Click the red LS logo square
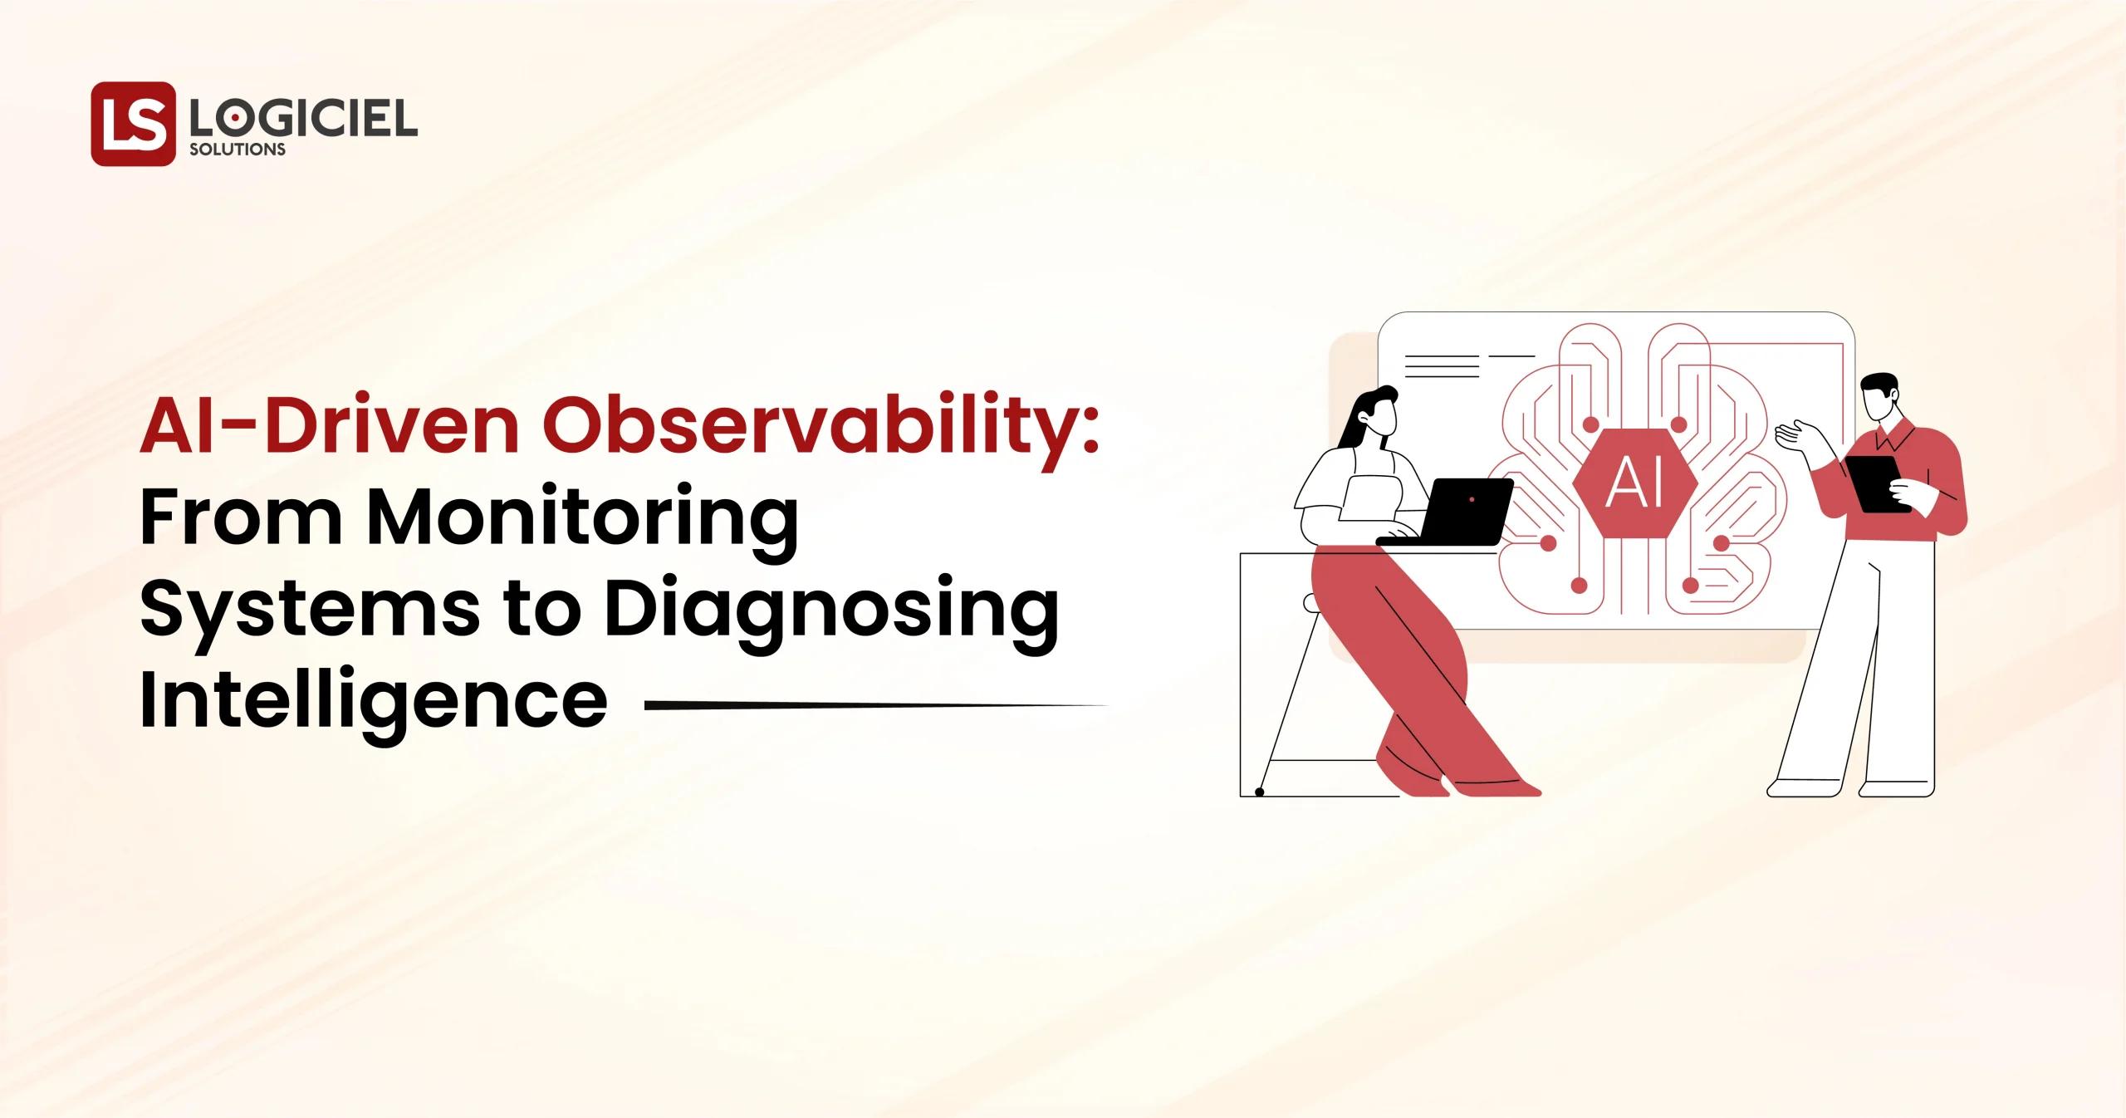pyautogui.click(x=133, y=124)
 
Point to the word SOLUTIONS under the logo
pyautogui.click(x=238, y=150)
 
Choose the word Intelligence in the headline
pyautogui.click(x=374, y=703)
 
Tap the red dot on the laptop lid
pyautogui.click(x=1472, y=499)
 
